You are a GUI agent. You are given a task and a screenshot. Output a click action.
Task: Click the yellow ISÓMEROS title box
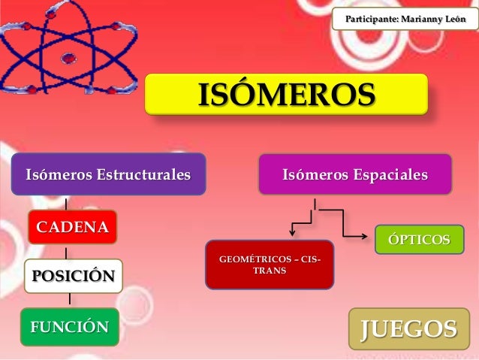click(285, 95)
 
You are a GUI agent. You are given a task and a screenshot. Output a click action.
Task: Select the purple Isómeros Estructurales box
click(108, 175)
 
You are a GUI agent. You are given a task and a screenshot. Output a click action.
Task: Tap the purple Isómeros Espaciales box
click(354, 175)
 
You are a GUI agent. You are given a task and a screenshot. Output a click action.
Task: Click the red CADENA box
click(73, 226)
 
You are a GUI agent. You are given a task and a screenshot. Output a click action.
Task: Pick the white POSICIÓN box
click(73, 276)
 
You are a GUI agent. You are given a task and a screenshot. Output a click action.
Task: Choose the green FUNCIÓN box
click(69, 326)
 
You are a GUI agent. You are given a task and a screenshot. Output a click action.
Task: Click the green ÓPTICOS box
click(419, 240)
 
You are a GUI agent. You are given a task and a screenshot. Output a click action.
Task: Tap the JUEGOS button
click(408, 329)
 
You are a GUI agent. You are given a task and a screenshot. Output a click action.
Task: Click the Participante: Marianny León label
click(404, 17)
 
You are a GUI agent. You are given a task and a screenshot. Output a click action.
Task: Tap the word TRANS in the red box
click(270, 271)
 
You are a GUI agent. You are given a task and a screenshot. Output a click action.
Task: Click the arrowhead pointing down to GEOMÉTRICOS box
click(293, 236)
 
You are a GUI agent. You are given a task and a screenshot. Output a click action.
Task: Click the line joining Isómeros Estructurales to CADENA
click(66, 203)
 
